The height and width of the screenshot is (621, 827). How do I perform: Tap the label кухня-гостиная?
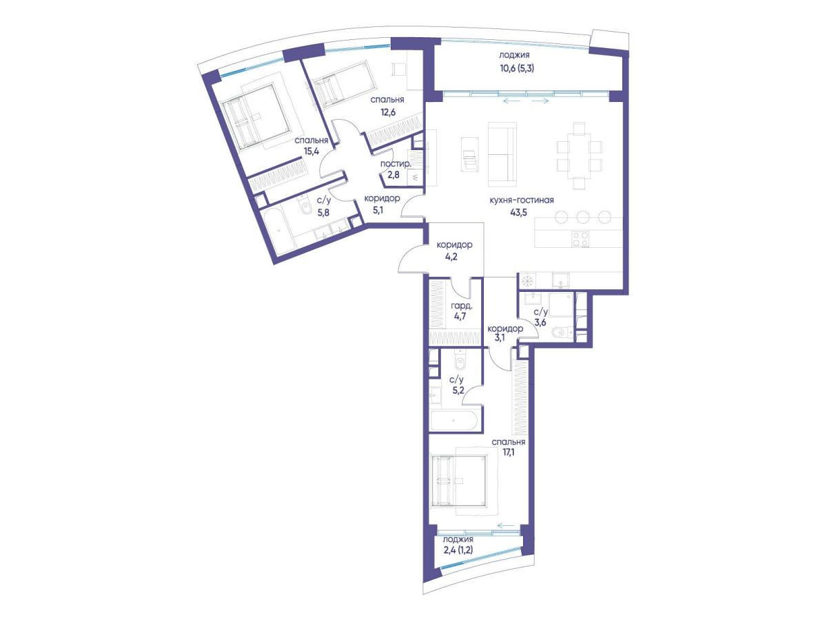[x=522, y=200]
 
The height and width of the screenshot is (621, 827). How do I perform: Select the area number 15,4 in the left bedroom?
[x=312, y=151]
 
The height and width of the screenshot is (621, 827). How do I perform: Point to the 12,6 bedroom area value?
[x=388, y=112]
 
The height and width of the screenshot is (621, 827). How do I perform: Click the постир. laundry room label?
[x=396, y=164]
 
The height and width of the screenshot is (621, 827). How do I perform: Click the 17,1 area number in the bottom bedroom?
[x=508, y=453]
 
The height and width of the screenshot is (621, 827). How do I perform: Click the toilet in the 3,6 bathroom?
[x=560, y=333]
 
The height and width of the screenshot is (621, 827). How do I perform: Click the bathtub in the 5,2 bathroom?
[x=454, y=420]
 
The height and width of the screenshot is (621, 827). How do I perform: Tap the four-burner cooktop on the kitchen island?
[x=580, y=238]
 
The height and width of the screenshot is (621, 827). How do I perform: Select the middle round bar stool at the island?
[x=583, y=217]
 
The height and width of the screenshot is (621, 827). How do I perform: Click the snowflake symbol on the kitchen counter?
[x=527, y=281]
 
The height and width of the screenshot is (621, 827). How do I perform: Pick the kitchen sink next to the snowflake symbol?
[x=561, y=281]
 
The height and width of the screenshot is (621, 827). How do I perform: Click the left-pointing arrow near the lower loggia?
[x=506, y=525]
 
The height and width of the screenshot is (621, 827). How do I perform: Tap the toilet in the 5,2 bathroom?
[x=460, y=361]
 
